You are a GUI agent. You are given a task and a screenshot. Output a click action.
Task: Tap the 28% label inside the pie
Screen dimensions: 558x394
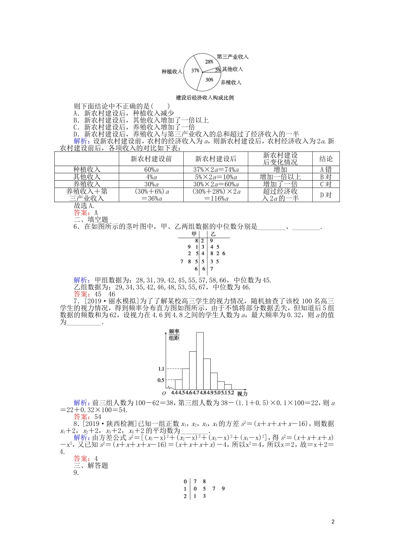click(209, 62)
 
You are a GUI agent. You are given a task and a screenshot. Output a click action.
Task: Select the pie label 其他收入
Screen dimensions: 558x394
click(232, 69)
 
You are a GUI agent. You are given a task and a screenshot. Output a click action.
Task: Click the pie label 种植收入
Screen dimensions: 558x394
click(172, 71)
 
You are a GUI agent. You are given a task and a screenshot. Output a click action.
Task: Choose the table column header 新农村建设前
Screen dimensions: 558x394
click(151, 159)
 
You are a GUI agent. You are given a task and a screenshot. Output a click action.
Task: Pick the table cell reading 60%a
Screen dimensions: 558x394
click(151, 169)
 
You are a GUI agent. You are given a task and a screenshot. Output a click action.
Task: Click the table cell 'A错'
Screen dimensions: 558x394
click(326, 169)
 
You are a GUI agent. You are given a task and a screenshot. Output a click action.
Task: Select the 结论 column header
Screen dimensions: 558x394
click(326, 159)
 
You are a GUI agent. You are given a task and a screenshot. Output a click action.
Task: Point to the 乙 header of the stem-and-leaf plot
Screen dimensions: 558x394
click(213, 234)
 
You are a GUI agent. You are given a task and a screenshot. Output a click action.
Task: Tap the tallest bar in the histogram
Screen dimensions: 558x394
click(200, 359)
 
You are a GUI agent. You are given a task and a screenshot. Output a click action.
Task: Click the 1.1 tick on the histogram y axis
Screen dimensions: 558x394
click(161, 369)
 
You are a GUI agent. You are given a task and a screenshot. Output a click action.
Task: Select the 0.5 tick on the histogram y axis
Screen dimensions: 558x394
click(161, 380)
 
